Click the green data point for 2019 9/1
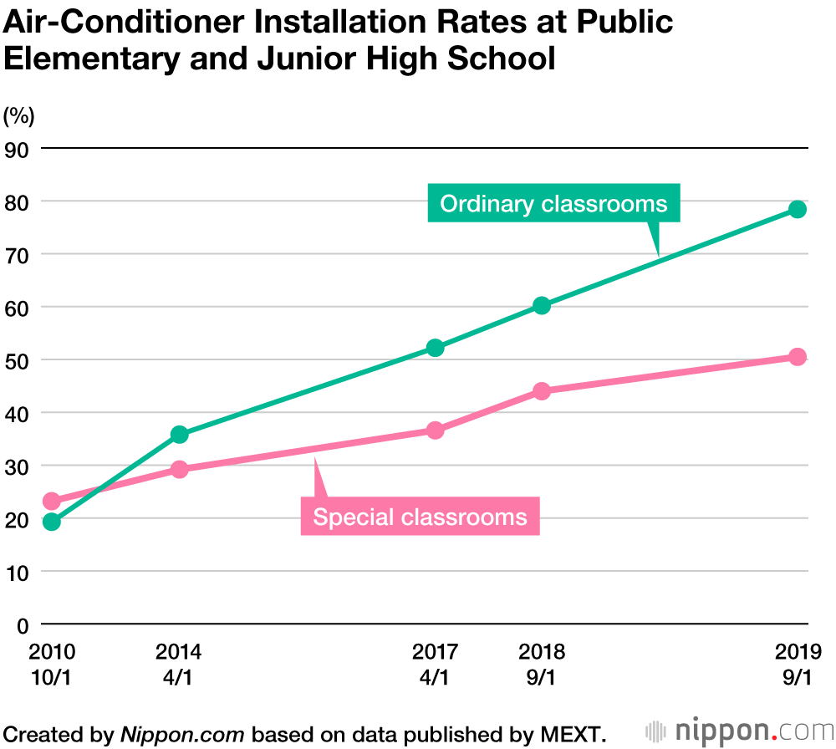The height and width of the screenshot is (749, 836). pyautogui.click(x=798, y=209)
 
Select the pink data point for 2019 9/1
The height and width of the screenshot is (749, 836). pyautogui.click(x=798, y=357)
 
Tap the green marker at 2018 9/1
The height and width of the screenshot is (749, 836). pyautogui.click(x=542, y=305)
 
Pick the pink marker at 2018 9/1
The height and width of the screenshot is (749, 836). pyautogui.click(x=542, y=390)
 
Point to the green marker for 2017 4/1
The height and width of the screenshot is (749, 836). pyautogui.click(x=435, y=348)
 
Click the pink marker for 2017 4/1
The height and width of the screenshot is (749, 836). pyautogui.click(x=435, y=430)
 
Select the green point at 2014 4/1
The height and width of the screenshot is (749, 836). pyautogui.click(x=179, y=434)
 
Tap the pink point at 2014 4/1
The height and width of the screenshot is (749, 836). pyautogui.click(x=179, y=469)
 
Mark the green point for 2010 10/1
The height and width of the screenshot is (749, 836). pyautogui.click(x=51, y=522)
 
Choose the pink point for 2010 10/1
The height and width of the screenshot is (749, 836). pyautogui.click(x=51, y=501)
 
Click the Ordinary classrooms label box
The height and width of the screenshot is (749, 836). pyautogui.click(x=553, y=204)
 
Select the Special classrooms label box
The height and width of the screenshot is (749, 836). pyautogui.click(x=420, y=517)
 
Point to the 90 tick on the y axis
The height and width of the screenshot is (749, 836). pyautogui.click(x=18, y=149)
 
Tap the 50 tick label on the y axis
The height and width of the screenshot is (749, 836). pyautogui.click(x=18, y=360)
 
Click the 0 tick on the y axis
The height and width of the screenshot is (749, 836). pyautogui.click(x=23, y=624)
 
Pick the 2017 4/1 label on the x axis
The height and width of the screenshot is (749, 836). pyautogui.click(x=435, y=664)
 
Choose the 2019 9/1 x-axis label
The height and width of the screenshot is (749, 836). pyautogui.click(x=798, y=664)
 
